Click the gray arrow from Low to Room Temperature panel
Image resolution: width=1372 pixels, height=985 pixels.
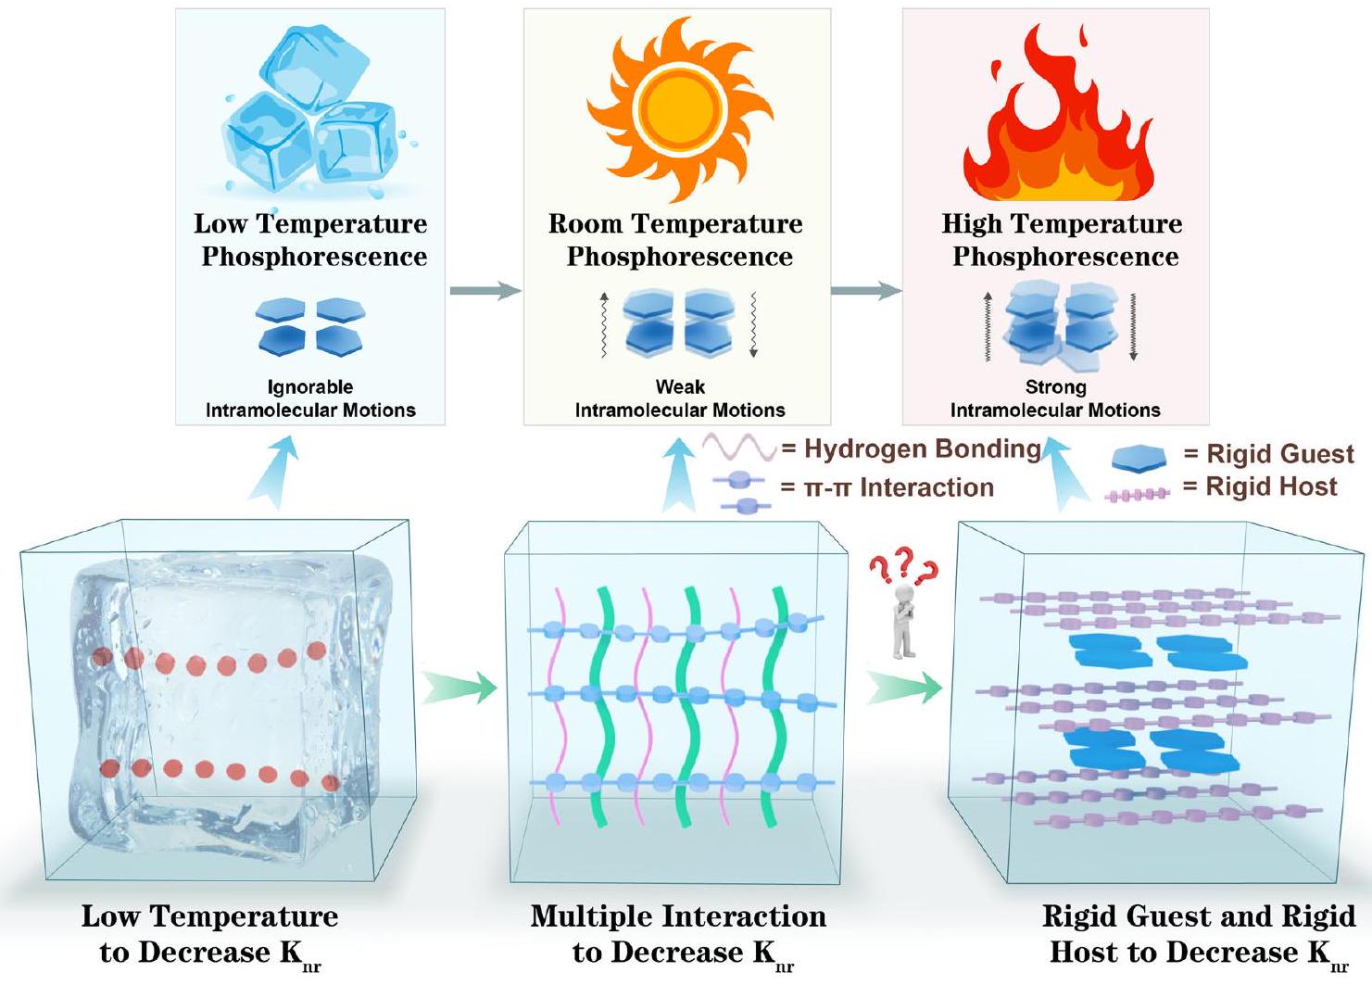click(485, 291)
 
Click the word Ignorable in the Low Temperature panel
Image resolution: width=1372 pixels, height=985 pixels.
click(310, 387)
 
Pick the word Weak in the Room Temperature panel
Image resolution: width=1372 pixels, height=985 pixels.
click(680, 387)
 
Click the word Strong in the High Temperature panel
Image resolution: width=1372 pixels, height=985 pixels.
click(1055, 387)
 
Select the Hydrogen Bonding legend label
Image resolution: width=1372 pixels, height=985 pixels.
click(922, 449)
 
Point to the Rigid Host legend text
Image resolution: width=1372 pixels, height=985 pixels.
click(1271, 487)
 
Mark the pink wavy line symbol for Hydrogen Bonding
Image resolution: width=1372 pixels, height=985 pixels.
click(738, 448)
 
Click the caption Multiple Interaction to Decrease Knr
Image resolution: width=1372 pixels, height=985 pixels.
click(678, 934)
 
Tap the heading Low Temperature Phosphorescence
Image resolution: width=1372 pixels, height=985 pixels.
click(311, 240)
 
